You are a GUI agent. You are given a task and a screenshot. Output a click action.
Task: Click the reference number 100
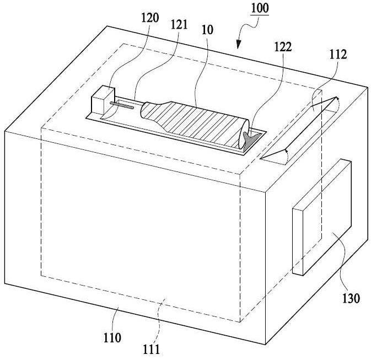click(x=260, y=8)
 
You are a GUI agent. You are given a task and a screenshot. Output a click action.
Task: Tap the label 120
click(x=150, y=18)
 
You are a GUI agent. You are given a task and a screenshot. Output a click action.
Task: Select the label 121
click(x=179, y=25)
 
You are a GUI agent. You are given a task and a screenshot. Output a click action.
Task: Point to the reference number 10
click(x=207, y=30)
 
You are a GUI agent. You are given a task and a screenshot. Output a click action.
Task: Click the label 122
click(x=283, y=47)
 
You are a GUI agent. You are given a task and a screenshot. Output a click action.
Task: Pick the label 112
click(x=338, y=55)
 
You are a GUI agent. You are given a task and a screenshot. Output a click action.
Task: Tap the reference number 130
click(x=351, y=298)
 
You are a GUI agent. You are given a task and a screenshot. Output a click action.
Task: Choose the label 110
click(x=112, y=338)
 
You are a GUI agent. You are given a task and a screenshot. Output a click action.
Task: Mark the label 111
click(x=151, y=350)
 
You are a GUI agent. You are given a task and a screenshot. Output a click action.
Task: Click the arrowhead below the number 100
click(x=239, y=45)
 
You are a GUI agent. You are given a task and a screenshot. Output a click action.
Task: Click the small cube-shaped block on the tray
click(x=103, y=100)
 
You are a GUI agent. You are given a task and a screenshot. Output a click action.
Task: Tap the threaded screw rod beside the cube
click(x=122, y=105)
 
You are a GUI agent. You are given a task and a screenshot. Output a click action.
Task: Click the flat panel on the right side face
click(x=322, y=217)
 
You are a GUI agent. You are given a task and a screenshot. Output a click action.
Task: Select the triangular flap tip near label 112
click(x=337, y=98)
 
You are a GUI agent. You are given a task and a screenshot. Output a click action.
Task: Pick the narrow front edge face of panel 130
click(x=298, y=241)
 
